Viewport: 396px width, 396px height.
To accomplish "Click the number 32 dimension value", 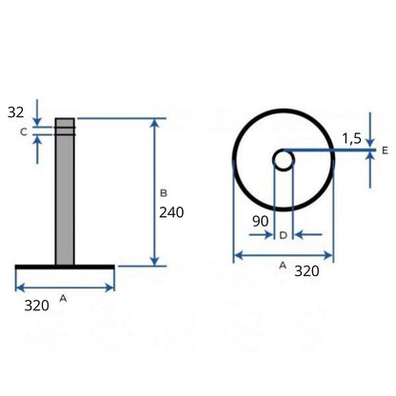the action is point(16,112).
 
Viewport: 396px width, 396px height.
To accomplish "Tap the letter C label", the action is point(24,131).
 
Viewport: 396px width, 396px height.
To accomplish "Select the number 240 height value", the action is point(171,212).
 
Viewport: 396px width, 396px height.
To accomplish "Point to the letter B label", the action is point(164,193).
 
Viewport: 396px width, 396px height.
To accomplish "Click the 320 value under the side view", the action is point(37,306).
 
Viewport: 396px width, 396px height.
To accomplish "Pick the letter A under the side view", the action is point(63,298).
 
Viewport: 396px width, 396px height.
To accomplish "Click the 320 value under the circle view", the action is point(307,271).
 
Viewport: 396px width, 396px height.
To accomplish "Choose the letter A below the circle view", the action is point(283,266).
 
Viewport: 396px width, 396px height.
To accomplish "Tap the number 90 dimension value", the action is point(260,221).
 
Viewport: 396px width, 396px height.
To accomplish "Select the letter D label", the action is point(283,235).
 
